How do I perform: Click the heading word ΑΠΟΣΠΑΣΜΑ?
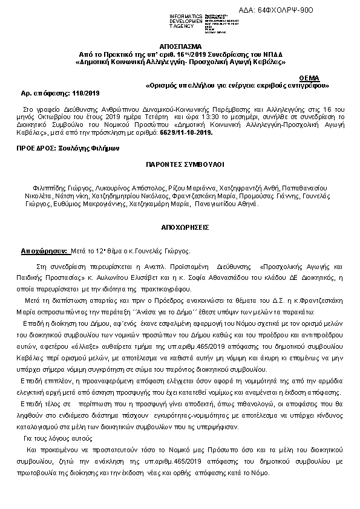tap(180, 46)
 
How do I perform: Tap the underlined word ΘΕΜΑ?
tap(309, 78)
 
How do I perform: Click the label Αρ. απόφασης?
tap(41, 94)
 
